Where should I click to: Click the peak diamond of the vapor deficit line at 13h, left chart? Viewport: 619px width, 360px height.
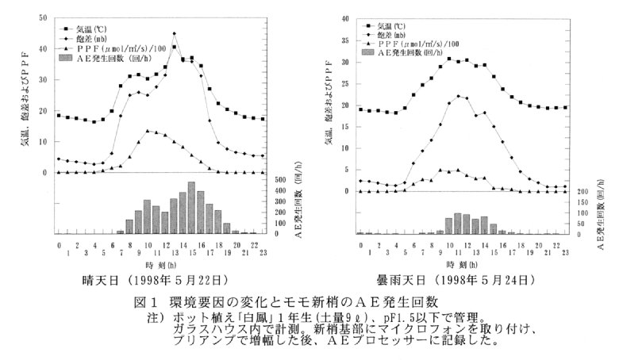pos(174,33)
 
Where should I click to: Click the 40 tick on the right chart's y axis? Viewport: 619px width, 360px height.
pos(344,17)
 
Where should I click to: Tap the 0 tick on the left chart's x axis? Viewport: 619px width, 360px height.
pos(59,244)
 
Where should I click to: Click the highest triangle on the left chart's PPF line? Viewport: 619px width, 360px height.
pos(148,131)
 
